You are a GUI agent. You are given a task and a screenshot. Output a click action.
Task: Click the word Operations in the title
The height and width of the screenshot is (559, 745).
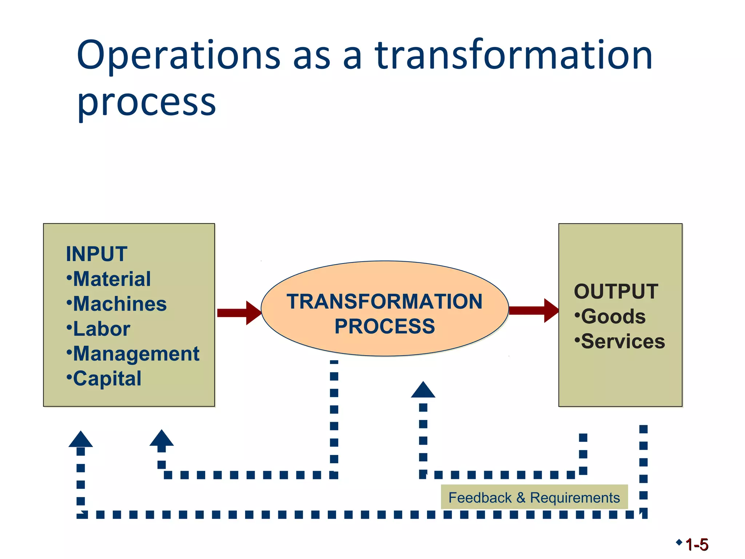click(x=178, y=55)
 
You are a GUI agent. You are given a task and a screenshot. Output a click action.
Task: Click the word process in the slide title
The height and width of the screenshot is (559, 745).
click(x=147, y=103)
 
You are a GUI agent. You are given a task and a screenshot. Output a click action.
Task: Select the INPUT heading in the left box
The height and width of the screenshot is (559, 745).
click(x=96, y=254)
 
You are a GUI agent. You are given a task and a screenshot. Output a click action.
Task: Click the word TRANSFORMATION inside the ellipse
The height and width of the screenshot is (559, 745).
click(x=385, y=301)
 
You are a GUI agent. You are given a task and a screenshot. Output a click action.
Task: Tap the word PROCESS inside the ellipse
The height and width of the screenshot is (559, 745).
click(x=385, y=326)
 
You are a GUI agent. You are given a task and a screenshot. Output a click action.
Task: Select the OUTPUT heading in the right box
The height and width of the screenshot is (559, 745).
click(x=616, y=292)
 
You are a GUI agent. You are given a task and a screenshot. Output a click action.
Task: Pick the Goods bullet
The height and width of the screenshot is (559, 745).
click(x=611, y=316)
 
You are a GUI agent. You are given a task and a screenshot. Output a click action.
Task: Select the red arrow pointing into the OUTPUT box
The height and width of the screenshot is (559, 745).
click(x=533, y=310)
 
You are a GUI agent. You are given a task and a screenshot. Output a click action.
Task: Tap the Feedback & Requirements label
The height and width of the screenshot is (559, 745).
click(x=534, y=497)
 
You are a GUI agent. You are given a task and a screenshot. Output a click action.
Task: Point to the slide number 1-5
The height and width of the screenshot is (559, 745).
click(x=697, y=545)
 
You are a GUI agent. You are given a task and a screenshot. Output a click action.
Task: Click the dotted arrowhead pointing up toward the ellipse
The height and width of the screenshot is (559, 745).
click(x=423, y=390)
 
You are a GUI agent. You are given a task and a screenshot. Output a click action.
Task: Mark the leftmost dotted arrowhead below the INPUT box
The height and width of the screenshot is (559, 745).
click(x=81, y=440)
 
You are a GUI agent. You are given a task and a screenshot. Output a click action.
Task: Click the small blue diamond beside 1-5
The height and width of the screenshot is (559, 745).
click(x=679, y=542)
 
